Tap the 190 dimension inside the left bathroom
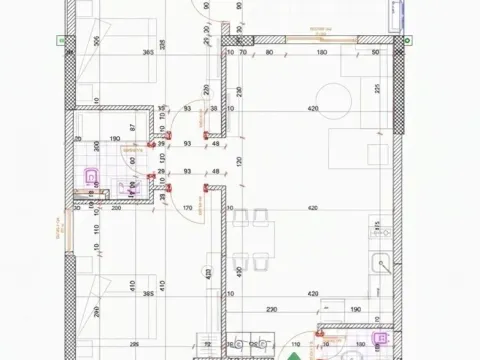116,140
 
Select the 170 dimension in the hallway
187,208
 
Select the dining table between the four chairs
251,240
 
